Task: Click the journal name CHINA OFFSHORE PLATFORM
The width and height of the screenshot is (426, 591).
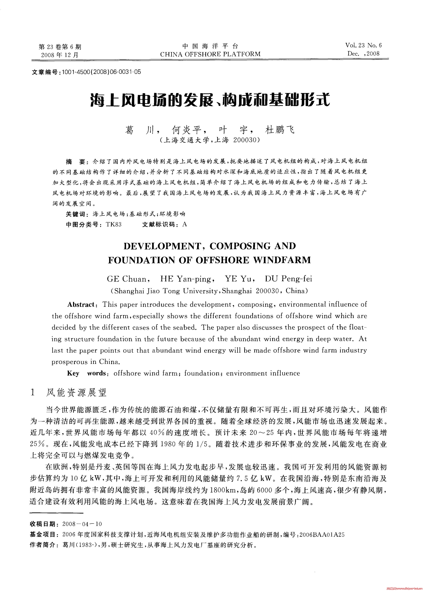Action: click(210, 54)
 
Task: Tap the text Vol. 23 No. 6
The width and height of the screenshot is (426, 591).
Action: click(364, 45)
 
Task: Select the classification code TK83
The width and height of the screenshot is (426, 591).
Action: click(114, 225)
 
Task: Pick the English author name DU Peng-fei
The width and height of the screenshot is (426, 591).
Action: click(288, 279)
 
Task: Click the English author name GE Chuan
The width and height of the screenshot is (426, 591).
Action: click(127, 279)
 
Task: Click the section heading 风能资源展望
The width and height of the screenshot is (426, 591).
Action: click(76, 392)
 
